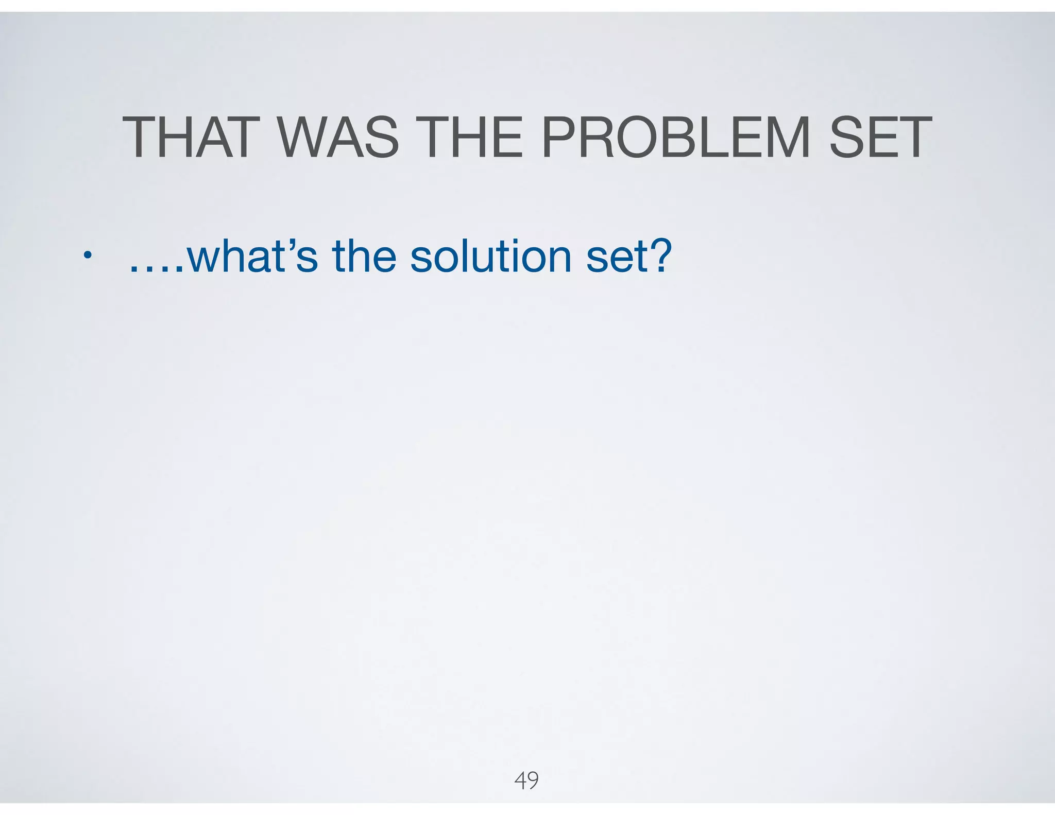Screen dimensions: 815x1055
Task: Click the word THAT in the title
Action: (188, 138)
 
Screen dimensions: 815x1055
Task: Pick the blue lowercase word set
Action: (611, 257)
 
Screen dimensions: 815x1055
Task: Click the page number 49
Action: (526, 780)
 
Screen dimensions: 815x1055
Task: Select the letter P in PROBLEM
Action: (561, 138)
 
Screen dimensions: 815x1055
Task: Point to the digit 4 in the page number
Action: (520, 780)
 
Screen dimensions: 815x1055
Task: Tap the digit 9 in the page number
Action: (533, 780)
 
